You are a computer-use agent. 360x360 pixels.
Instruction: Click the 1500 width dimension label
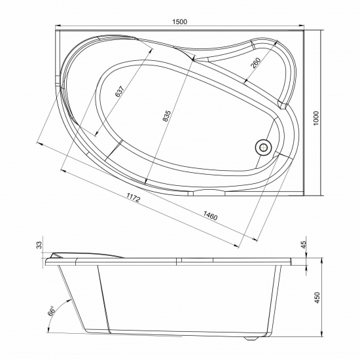(x=180, y=21)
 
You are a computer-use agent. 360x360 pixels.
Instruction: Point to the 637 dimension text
(x=120, y=92)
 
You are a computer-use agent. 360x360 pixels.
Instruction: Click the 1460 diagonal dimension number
(x=209, y=215)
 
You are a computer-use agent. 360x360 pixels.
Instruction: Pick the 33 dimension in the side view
(x=39, y=245)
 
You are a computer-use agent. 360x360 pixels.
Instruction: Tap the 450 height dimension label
(x=317, y=297)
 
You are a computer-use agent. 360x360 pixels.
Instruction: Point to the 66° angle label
(x=50, y=312)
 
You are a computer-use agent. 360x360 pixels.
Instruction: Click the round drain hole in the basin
(x=264, y=147)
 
